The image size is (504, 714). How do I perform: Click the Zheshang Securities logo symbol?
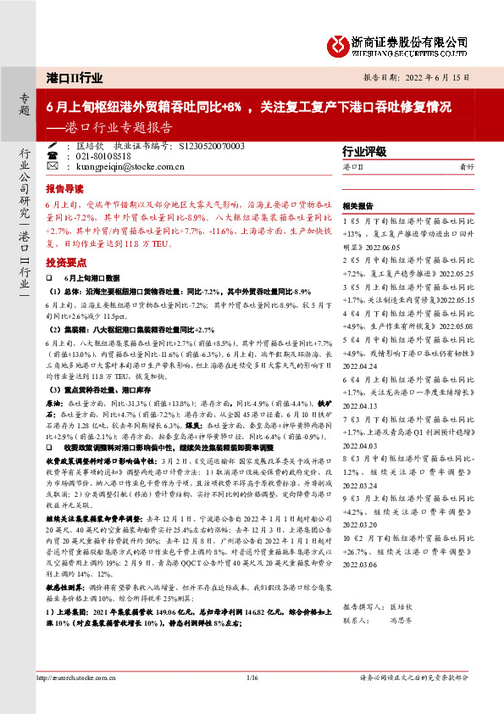click(x=337, y=42)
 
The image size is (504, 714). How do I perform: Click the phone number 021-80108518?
click(x=103, y=157)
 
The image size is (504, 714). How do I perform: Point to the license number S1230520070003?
click(x=213, y=146)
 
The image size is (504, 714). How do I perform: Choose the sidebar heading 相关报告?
click(x=357, y=206)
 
